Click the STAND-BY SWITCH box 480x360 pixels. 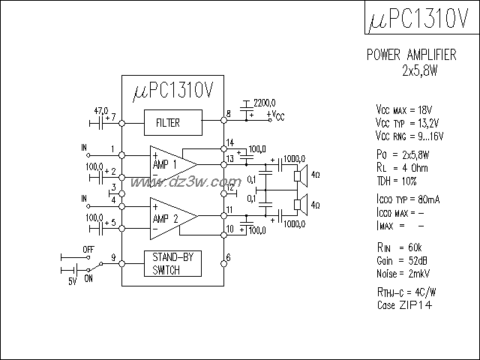(173, 263)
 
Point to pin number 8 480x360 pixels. (228, 114)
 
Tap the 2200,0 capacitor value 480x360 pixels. (264, 102)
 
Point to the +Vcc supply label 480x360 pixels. (275, 115)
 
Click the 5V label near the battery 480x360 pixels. (73, 281)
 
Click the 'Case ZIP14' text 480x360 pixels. (404, 305)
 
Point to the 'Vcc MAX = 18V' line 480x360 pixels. (406, 109)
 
